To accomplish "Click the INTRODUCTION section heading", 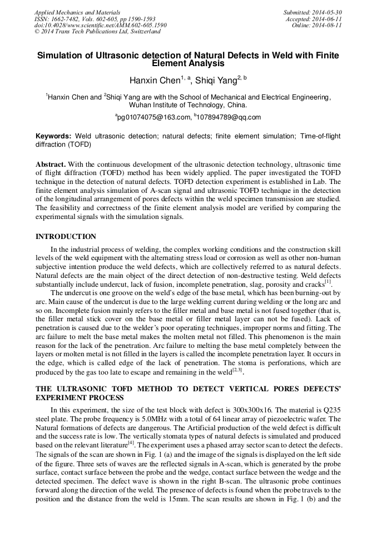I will (66, 236).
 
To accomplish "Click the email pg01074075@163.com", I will (153, 117).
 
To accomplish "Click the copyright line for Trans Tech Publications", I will (97, 31).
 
